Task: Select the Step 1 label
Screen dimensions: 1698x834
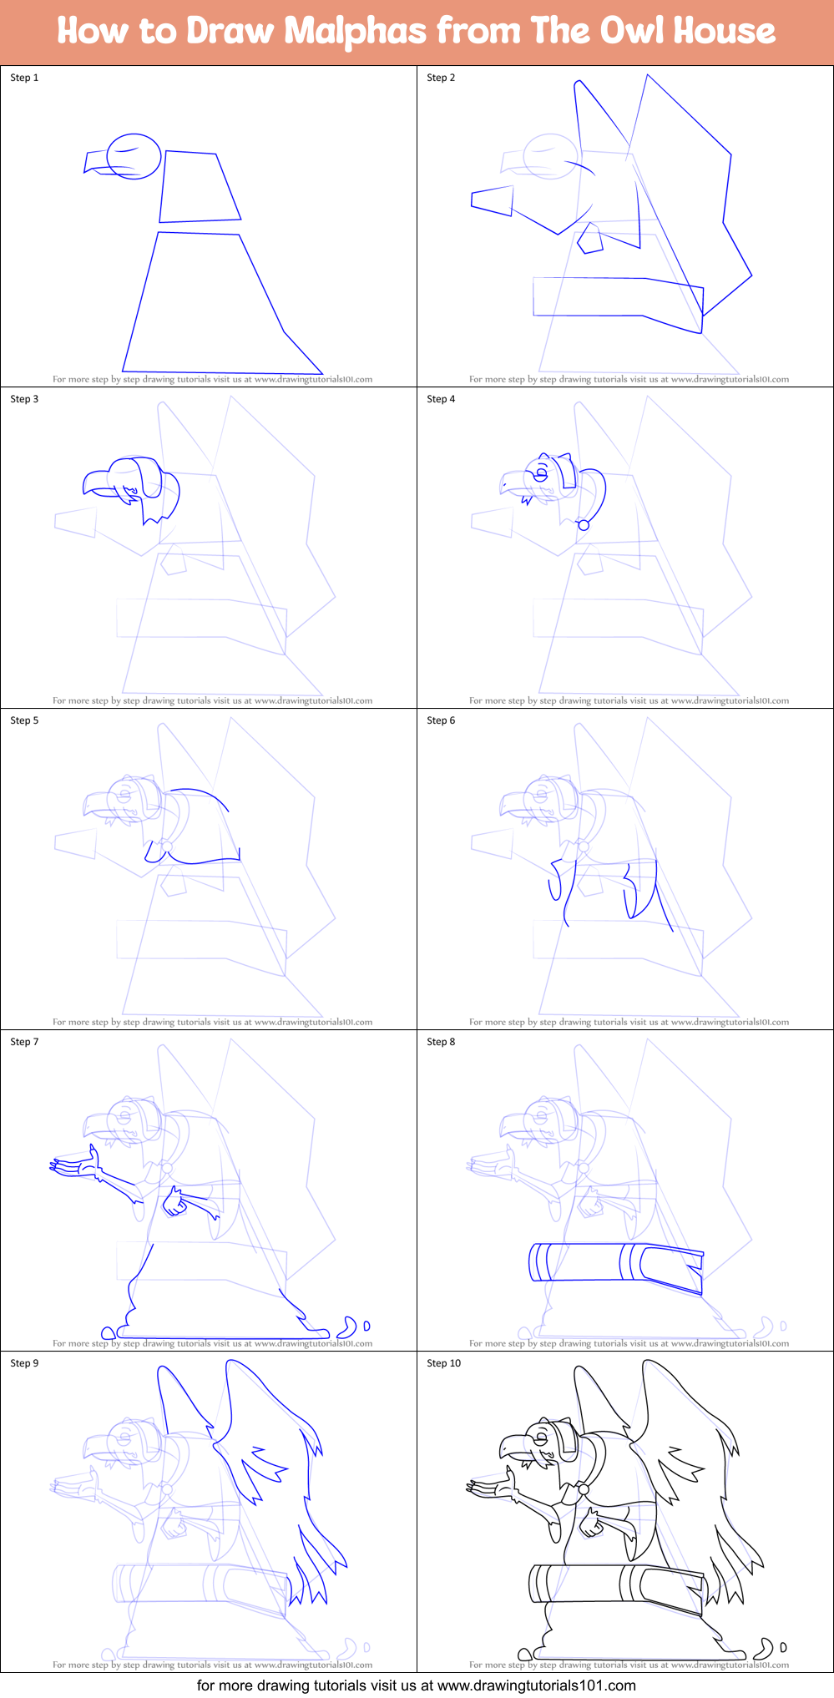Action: (x=24, y=78)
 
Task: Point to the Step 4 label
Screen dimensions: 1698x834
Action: (x=441, y=399)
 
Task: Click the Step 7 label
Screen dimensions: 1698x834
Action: (x=24, y=1042)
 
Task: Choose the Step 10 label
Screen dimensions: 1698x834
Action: (x=443, y=1363)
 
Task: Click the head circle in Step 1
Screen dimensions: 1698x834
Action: (x=134, y=156)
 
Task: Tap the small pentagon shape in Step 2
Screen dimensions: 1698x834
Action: (x=590, y=239)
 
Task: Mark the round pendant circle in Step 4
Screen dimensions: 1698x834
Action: (x=584, y=525)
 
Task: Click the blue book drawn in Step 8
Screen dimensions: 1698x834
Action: (x=615, y=1262)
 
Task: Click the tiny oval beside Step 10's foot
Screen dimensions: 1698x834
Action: (x=783, y=1647)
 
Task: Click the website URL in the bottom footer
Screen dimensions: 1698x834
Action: (x=536, y=1685)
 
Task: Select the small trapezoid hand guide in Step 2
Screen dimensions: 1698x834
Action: (x=493, y=201)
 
